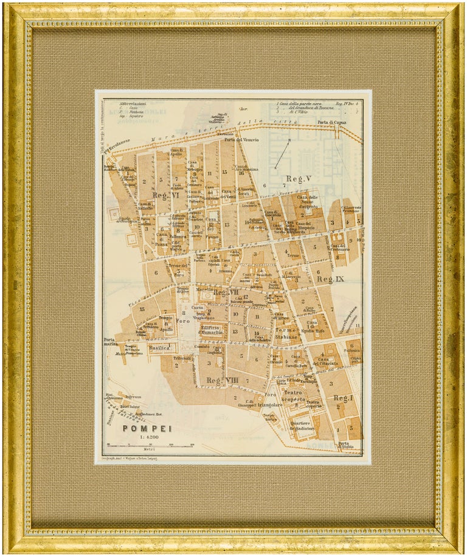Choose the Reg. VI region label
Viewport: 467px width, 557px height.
162,195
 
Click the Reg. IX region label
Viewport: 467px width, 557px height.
330,279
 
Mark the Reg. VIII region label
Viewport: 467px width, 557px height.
220,381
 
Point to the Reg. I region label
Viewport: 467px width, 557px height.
344,398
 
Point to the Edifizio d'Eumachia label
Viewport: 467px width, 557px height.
213,331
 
